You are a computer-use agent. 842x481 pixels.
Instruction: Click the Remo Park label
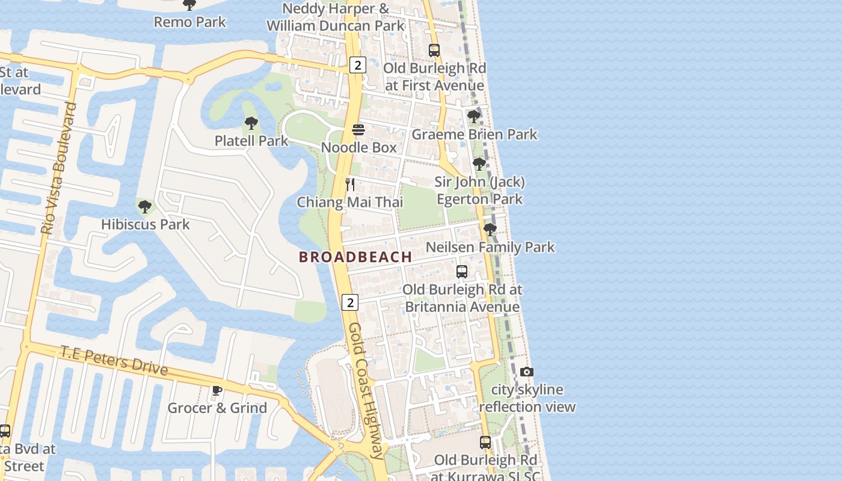pyautogui.click(x=190, y=22)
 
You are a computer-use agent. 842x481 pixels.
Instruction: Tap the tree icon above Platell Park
pyautogui.click(x=251, y=124)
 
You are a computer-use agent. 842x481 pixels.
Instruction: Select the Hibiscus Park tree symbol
pyautogui.click(x=144, y=207)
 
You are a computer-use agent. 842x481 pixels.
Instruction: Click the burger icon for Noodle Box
pyautogui.click(x=358, y=130)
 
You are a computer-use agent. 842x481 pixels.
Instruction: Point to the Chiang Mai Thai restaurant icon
pyautogui.click(x=350, y=185)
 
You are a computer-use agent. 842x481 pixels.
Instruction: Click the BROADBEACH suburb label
pyautogui.click(x=355, y=257)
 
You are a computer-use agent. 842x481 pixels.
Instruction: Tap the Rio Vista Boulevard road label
pyautogui.click(x=59, y=168)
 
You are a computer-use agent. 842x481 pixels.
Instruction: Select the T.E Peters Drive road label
pyautogui.click(x=114, y=360)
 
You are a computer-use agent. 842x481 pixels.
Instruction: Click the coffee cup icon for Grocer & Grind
pyautogui.click(x=217, y=391)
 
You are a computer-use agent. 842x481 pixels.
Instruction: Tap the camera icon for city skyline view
pyautogui.click(x=527, y=372)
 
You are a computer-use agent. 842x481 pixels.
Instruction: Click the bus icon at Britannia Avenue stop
pyautogui.click(x=462, y=272)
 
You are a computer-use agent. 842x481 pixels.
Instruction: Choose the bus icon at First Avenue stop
pyautogui.click(x=434, y=51)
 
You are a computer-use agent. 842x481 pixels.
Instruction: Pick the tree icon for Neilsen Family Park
pyautogui.click(x=490, y=230)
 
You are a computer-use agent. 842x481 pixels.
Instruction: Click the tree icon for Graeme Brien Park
pyautogui.click(x=474, y=117)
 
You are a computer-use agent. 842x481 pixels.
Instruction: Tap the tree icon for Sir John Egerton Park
pyautogui.click(x=479, y=164)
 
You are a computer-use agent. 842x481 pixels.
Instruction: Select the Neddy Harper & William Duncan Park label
pyautogui.click(x=336, y=17)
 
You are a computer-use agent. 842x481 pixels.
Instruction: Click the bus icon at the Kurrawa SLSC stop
pyautogui.click(x=485, y=443)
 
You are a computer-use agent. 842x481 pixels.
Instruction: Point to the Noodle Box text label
pyautogui.click(x=358, y=147)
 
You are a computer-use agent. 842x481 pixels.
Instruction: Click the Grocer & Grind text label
pyautogui.click(x=217, y=408)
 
